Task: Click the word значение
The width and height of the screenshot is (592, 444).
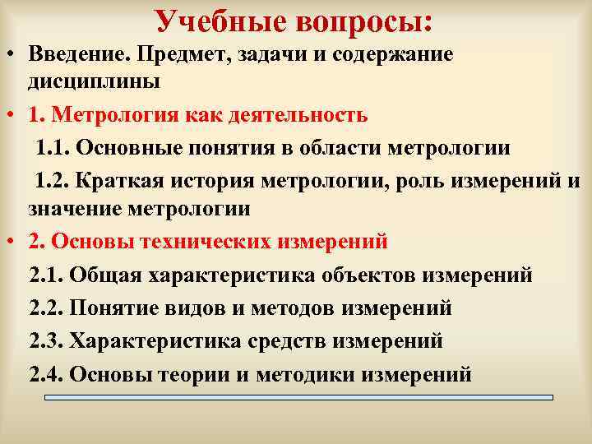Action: pyautogui.click(x=76, y=210)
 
